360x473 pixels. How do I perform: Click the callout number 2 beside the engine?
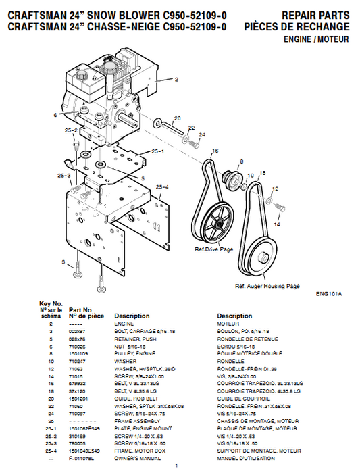(x=176, y=80)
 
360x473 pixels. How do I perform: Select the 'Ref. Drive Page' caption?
(x=213, y=249)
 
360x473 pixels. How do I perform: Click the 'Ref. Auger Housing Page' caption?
(x=267, y=286)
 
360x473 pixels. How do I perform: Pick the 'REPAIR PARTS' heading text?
(x=316, y=16)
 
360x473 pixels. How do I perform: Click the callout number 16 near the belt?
(x=215, y=150)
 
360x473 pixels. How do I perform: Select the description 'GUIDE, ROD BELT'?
(x=134, y=399)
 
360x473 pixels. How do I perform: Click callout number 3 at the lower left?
(x=63, y=262)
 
